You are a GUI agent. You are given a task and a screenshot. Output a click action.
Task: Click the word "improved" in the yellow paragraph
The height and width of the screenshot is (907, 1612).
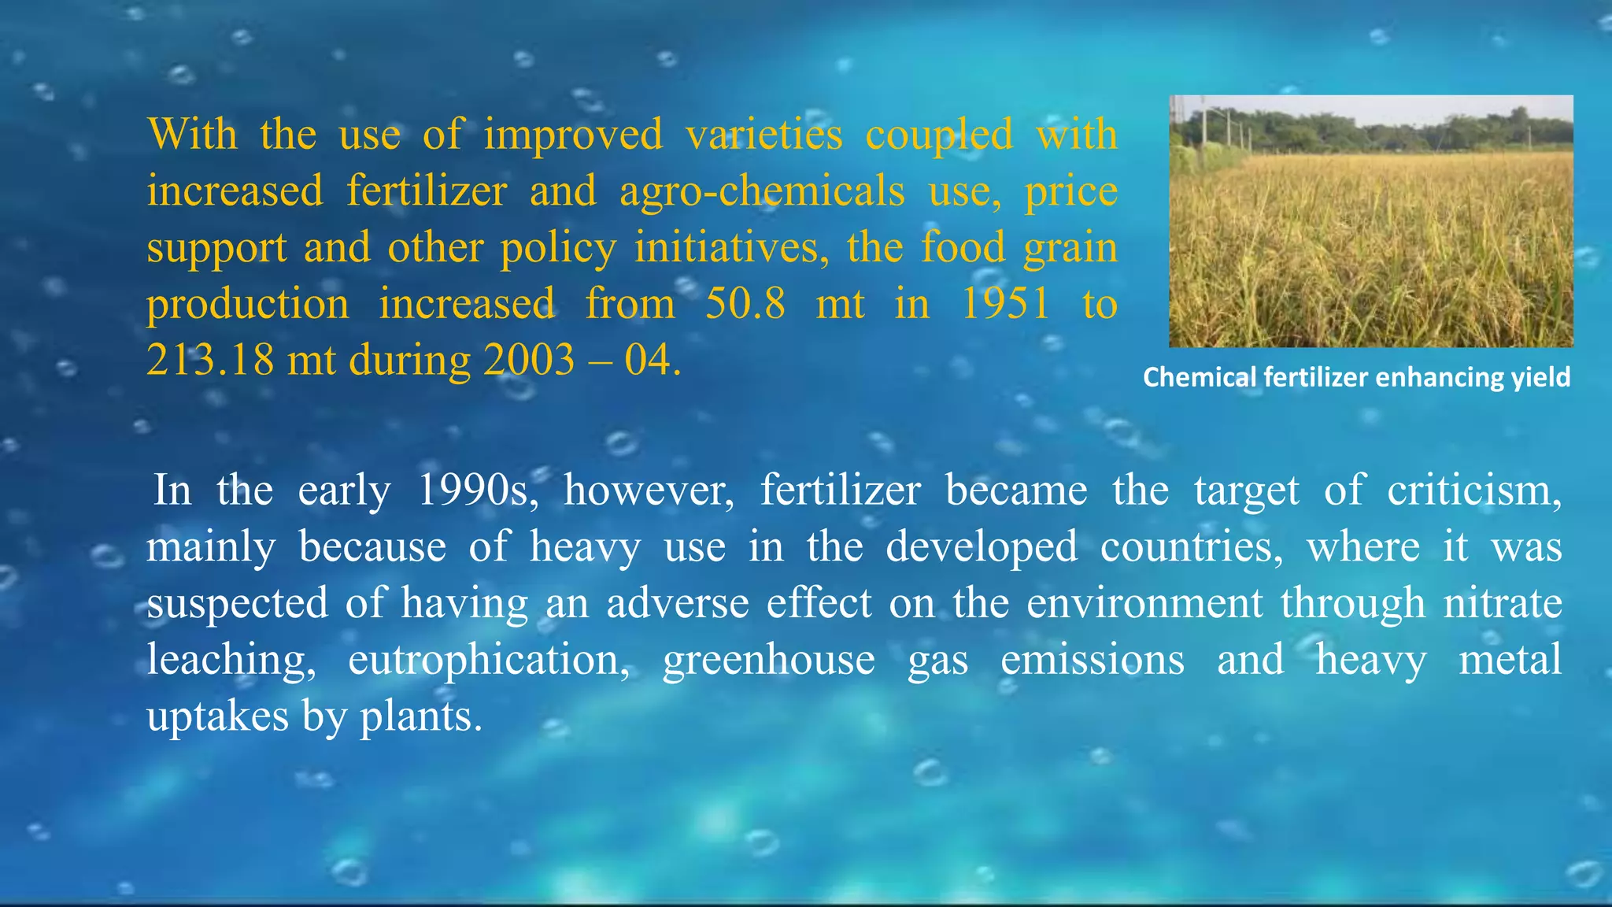click(573, 135)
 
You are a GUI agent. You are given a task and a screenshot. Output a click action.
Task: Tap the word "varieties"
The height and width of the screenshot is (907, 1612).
click(763, 134)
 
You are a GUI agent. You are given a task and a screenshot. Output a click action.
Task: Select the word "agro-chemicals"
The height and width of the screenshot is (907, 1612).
click(762, 192)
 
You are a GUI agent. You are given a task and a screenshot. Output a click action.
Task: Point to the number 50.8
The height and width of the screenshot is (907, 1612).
click(745, 304)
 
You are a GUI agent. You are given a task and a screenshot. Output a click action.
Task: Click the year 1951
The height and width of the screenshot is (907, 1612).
click(1005, 304)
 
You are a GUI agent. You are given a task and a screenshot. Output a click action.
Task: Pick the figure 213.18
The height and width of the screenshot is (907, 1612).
click(210, 361)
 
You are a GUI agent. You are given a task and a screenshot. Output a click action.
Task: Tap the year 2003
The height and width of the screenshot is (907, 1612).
click(529, 361)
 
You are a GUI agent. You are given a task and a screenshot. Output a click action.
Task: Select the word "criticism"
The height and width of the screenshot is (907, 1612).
click(1473, 491)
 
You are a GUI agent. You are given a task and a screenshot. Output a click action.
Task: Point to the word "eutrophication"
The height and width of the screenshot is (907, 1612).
click(488, 660)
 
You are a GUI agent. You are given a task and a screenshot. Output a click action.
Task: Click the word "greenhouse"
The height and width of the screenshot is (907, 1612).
click(768, 660)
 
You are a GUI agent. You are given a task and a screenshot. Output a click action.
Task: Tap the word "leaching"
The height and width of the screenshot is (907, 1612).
click(230, 660)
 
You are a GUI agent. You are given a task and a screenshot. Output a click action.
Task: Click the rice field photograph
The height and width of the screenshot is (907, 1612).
click(1370, 221)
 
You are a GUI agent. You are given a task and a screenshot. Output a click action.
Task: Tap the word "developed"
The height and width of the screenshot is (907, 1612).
click(981, 546)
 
